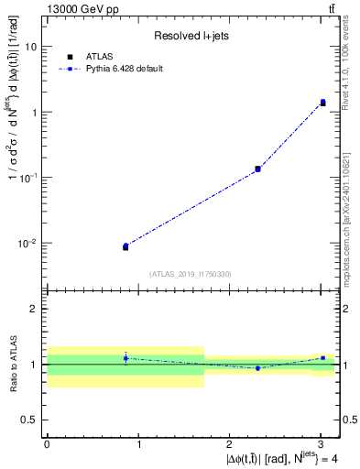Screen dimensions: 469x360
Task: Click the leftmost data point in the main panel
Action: (x=125, y=246)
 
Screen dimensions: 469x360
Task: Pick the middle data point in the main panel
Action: (x=257, y=169)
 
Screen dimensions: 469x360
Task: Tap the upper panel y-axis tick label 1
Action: (x=35, y=112)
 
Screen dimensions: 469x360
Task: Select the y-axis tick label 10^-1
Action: (x=29, y=177)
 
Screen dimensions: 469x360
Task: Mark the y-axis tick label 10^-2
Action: (x=29, y=243)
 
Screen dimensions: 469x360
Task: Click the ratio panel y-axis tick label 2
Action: (x=35, y=309)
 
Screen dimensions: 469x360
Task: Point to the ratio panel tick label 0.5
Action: (x=31, y=420)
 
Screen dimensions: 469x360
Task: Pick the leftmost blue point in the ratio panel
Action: (x=125, y=358)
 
